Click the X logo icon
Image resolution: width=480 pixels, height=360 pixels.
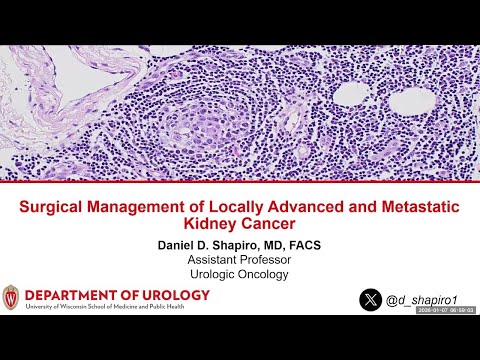372,298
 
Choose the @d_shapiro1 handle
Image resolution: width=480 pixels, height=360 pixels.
421,298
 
